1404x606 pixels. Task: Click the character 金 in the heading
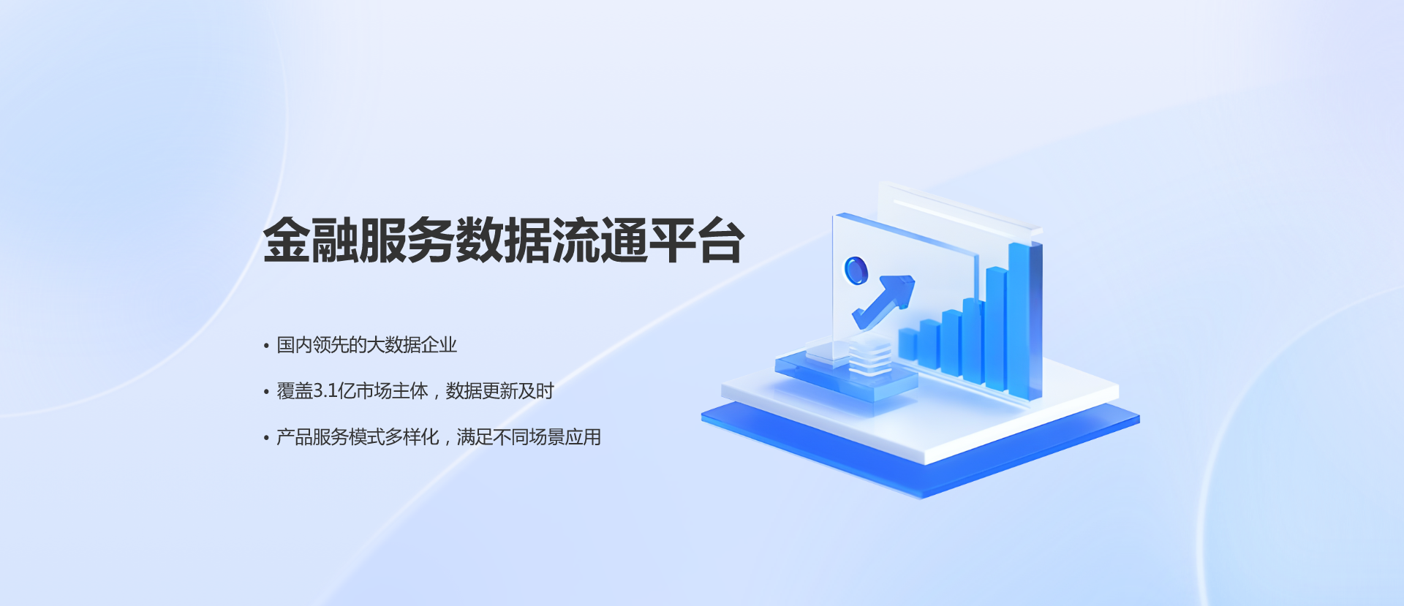tap(287, 240)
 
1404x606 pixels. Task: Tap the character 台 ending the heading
tap(721, 240)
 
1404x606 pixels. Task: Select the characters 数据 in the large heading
tap(504, 240)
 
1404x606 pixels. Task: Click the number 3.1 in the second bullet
tap(325, 391)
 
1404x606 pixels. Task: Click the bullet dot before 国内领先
tap(266, 346)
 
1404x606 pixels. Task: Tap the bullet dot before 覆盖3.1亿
tap(266, 393)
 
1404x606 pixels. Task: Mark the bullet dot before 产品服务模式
tap(266, 439)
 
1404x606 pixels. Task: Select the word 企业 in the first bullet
tap(439, 345)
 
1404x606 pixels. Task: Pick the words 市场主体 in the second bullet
tap(392, 391)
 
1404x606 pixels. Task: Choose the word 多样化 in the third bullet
tap(412, 437)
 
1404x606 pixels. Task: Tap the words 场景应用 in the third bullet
tap(565, 437)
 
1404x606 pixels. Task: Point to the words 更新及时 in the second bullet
tap(518, 391)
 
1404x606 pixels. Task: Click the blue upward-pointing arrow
tap(884, 300)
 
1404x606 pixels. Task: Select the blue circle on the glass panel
tap(856, 270)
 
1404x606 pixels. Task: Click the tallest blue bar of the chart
tap(1024, 320)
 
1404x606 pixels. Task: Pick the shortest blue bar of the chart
tap(908, 344)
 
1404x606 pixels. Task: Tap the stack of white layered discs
tap(869, 357)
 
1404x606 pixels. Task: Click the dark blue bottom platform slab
tap(921, 451)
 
